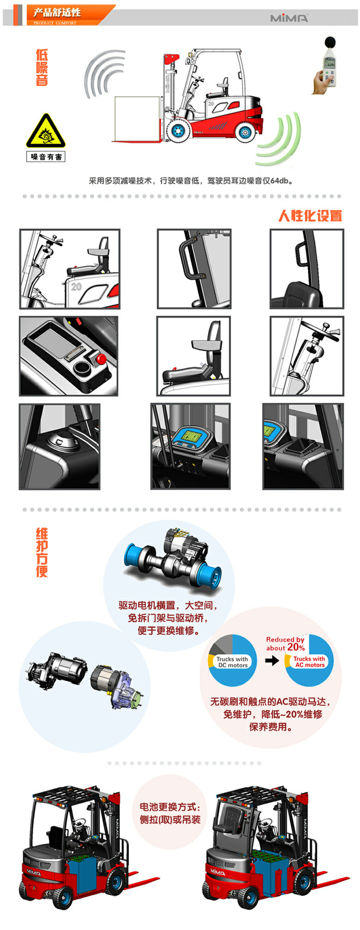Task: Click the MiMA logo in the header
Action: (x=289, y=18)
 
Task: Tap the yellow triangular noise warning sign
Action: (x=46, y=131)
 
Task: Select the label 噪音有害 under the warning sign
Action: (x=46, y=157)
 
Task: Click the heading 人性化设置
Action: (x=310, y=216)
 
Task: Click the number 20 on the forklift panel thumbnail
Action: (x=76, y=287)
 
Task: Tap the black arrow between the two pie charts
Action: (x=272, y=660)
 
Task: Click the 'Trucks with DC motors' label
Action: (x=233, y=662)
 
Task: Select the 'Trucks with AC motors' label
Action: (x=309, y=662)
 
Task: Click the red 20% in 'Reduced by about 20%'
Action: (x=296, y=647)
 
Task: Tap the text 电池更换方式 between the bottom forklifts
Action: (x=170, y=807)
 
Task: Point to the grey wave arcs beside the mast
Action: (x=104, y=74)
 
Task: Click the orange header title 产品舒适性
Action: (x=57, y=12)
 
